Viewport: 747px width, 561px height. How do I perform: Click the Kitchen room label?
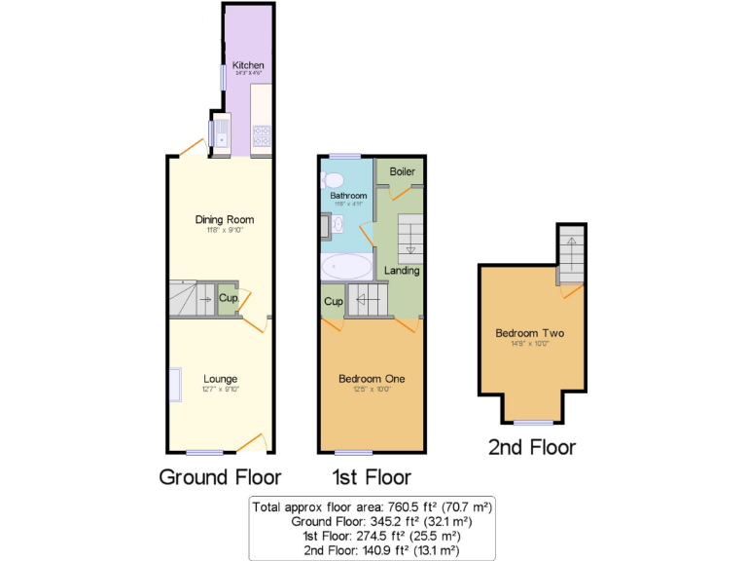pos(248,65)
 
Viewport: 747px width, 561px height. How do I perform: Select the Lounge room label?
pos(221,378)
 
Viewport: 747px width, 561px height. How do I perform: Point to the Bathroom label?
pos(347,195)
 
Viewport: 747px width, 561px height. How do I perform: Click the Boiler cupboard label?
pos(402,171)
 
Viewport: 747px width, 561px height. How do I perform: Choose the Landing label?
pos(402,270)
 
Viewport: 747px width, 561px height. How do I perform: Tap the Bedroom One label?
pos(372,378)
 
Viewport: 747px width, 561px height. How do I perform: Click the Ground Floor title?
pos(220,477)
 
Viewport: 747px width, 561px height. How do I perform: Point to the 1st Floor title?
pos(371,477)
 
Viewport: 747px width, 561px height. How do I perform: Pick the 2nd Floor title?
pos(531,447)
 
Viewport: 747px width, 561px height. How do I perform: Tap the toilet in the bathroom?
pos(333,179)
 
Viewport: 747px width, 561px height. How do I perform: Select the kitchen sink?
pos(220,133)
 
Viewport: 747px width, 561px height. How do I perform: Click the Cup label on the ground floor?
pos(228,298)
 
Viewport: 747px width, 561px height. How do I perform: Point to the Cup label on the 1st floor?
pos(333,302)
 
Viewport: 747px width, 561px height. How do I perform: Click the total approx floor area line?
pos(373,506)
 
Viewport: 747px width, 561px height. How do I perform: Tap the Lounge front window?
pos(204,452)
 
